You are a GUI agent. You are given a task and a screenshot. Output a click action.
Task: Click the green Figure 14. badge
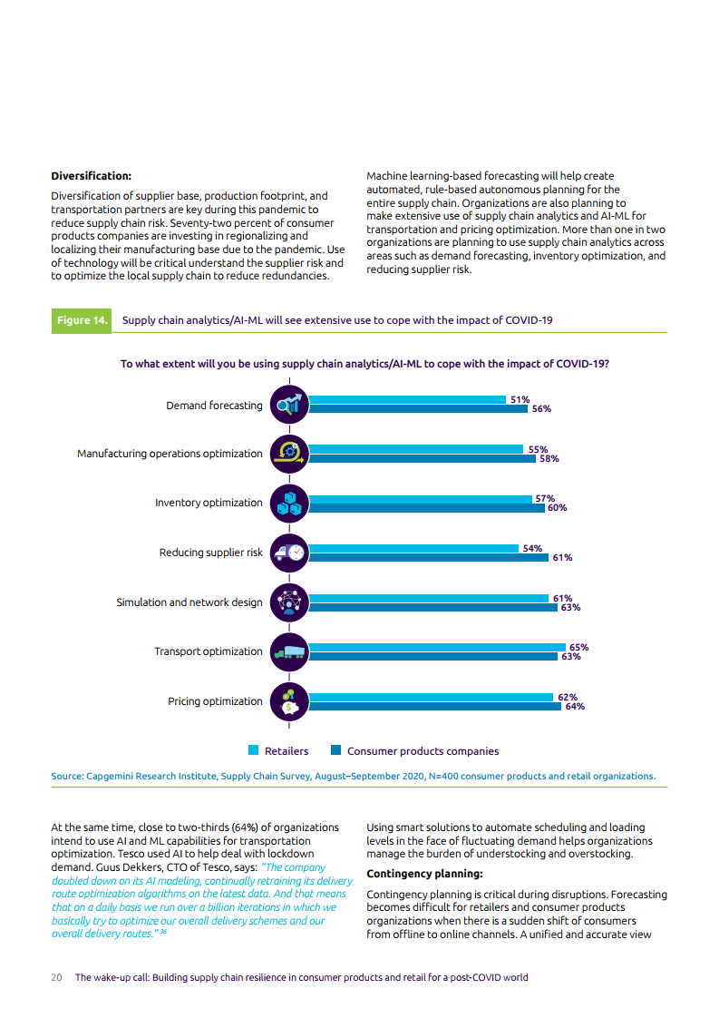(x=81, y=320)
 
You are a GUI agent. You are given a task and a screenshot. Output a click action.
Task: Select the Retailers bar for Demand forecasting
(x=407, y=400)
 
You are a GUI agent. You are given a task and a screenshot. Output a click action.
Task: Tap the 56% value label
(x=541, y=409)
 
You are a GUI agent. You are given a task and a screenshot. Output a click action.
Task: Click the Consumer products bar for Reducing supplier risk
(x=428, y=558)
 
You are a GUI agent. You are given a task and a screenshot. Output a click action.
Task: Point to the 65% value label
(x=578, y=647)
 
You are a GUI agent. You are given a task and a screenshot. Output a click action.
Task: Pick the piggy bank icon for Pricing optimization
(x=289, y=702)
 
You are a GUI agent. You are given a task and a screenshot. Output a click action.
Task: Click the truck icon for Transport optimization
(x=289, y=651)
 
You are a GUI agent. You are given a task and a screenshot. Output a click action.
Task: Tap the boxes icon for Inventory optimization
(x=289, y=504)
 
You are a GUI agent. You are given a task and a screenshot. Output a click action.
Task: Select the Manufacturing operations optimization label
(x=170, y=454)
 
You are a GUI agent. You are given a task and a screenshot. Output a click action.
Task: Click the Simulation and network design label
(x=189, y=602)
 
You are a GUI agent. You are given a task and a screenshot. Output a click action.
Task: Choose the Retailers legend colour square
(x=254, y=750)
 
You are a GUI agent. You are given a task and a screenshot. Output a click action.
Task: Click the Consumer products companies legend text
(x=423, y=751)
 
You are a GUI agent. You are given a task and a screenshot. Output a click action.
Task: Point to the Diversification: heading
(x=92, y=176)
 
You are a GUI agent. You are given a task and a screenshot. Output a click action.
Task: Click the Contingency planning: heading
(x=424, y=874)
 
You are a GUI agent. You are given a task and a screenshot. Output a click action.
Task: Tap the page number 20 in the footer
(x=56, y=978)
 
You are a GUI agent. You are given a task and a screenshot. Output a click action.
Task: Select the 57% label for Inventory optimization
(x=545, y=499)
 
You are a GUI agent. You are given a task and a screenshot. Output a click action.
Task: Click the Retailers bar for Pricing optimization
(x=431, y=698)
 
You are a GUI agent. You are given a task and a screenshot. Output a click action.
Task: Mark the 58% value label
(x=549, y=458)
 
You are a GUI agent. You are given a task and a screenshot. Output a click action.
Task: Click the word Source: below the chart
(x=67, y=777)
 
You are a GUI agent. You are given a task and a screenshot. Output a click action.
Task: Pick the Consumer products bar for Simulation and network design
(x=432, y=608)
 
